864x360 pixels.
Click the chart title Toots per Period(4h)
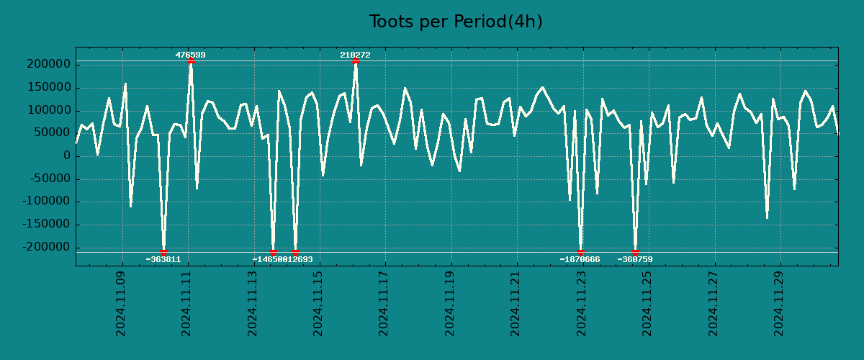click(x=455, y=22)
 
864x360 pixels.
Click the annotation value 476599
click(x=190, y=55)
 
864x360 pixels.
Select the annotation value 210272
click(x=355, y=55)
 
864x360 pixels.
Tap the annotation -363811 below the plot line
click(x=163, y=259)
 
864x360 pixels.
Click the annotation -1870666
click(x=580, y=259)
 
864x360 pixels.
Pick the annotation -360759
click(x=634, y=259)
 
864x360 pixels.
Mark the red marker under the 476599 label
click(x=190, y=61)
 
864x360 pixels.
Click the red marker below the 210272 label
click(x=356, y=61)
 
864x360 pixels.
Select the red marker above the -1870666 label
click(x=580, y=252)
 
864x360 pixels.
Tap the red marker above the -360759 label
click(x=635, y=252)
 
